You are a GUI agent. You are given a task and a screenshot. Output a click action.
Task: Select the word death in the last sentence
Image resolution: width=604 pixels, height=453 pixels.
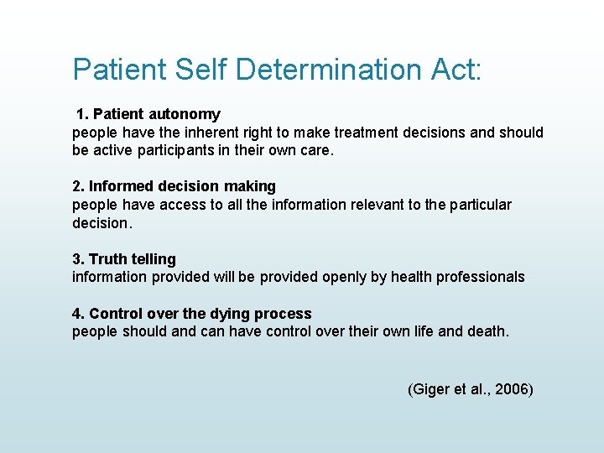click(x=488, y=331)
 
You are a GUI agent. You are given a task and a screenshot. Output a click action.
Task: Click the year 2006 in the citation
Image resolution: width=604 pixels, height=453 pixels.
click(x=511, y=389)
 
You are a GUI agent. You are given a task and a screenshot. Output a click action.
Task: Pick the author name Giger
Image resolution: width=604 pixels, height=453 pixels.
click(x=429, y=389)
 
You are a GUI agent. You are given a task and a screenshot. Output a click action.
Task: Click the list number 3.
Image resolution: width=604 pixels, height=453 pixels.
click(x=77, y=259)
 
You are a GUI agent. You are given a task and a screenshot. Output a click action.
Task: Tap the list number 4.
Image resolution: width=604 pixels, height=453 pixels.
click(x=77, y=314)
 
